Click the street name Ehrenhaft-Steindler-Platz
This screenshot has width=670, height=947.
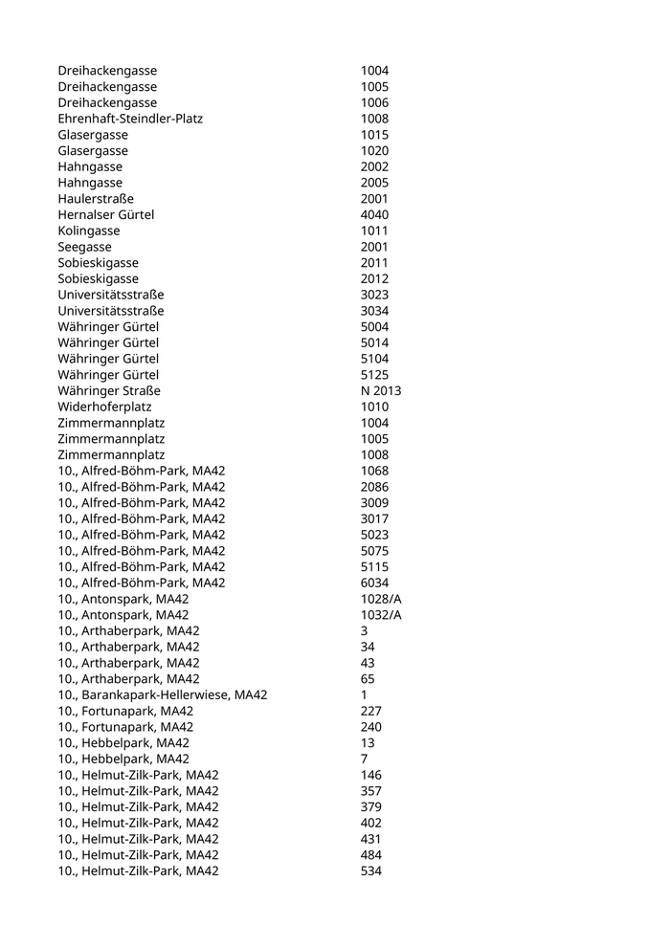click(x=130, y=119)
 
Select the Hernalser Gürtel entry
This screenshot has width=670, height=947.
click(x=105, y=214)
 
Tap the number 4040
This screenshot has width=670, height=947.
click(x=374, y=214)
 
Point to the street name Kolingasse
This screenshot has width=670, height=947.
click(x=89, y=231)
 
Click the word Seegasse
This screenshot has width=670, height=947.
click(x=84, y=247)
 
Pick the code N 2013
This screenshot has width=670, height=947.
click(x=381, y=390)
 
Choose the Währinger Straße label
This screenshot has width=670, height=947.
click(x=109, y=390)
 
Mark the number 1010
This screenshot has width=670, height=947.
click(x=374, y=407)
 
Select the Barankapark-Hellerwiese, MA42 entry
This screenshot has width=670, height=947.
click(x=162, y=694)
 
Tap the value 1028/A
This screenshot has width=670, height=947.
click(x=381, y=599)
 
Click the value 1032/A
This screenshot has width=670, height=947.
click(x=381, y=614)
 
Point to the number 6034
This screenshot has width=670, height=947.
click(x=374, y=583)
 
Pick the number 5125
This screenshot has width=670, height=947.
click(x=374, y=374)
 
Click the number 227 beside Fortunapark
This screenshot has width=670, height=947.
click(x=370, y=711)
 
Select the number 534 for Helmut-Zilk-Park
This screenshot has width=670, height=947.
click(x=370, y=870)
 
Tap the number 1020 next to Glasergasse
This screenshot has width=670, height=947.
click(x=374, y=150)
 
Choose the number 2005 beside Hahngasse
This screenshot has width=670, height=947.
click(x=374, y=183)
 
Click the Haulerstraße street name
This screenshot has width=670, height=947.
click(x=97, y=199)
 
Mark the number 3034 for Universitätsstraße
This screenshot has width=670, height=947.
click(x=374, y=310)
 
